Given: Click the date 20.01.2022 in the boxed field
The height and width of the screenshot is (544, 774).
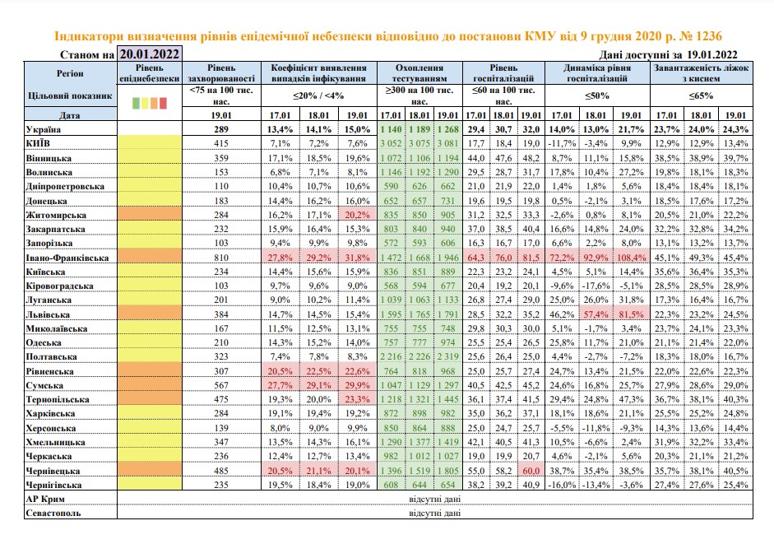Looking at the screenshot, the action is click(x=150, y=53).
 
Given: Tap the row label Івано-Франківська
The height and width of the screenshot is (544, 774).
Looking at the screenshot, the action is click(x=67, y=258).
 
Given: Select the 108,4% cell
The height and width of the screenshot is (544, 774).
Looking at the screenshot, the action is click(x=631, y=258).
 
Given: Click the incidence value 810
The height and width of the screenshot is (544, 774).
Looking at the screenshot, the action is click(x=221, y=258).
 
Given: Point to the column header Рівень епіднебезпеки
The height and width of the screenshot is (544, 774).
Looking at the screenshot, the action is click(x=149, y=72).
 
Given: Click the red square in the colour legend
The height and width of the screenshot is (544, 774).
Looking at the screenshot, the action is click(x=163, y=103).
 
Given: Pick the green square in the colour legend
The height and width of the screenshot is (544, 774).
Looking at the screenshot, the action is click(x=137, y=103).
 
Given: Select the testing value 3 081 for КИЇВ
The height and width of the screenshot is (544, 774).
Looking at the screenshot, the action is click(x=447, y=143).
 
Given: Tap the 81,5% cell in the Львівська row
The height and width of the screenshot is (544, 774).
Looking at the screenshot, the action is click(x=631, y=314).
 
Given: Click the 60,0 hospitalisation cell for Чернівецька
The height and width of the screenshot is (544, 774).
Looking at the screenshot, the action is click(x=531, y=471).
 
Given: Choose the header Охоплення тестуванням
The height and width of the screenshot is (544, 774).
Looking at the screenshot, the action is click(x=419, y=72).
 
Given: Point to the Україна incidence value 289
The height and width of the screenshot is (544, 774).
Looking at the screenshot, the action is click(x=221, y=129).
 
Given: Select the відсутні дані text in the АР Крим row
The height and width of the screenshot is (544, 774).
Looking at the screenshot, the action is click(x=434, y=499).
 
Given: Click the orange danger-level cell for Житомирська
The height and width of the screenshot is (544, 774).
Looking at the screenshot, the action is click(x=150, y=215).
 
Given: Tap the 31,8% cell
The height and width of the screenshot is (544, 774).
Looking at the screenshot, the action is click(x=357, y=258).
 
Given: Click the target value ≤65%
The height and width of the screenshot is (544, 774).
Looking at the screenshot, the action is click(x=701, y=95).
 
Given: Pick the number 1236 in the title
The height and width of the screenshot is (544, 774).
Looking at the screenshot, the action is click(x=708, y=35).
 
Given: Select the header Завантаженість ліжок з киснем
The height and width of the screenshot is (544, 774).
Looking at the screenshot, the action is click(x=701, y=72).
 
